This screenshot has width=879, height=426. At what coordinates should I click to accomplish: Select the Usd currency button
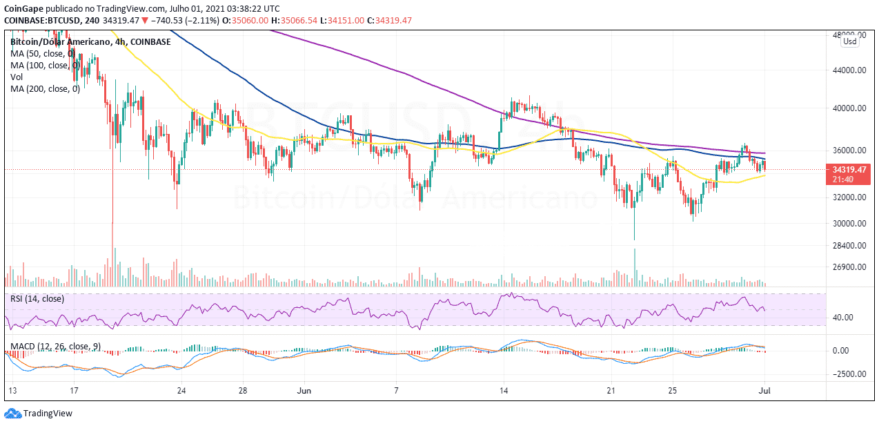pyautogui.click(x=849, y=42)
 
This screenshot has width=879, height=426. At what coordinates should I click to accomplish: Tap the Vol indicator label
pyautogui.click(x=17, y=77)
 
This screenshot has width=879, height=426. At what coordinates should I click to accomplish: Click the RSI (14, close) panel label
pyautogui.click(x=37, y=299)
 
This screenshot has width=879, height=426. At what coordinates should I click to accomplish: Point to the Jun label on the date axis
pyautogui.click(x=304, y=391)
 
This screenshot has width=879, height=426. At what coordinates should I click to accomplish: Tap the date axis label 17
pyautogui.click(x=74, y=391)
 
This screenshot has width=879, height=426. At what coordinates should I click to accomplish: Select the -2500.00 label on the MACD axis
pyautogui.click(x=847, y=374)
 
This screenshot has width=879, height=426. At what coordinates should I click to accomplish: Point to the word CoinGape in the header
pyautogui.click(x=23, y=9)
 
